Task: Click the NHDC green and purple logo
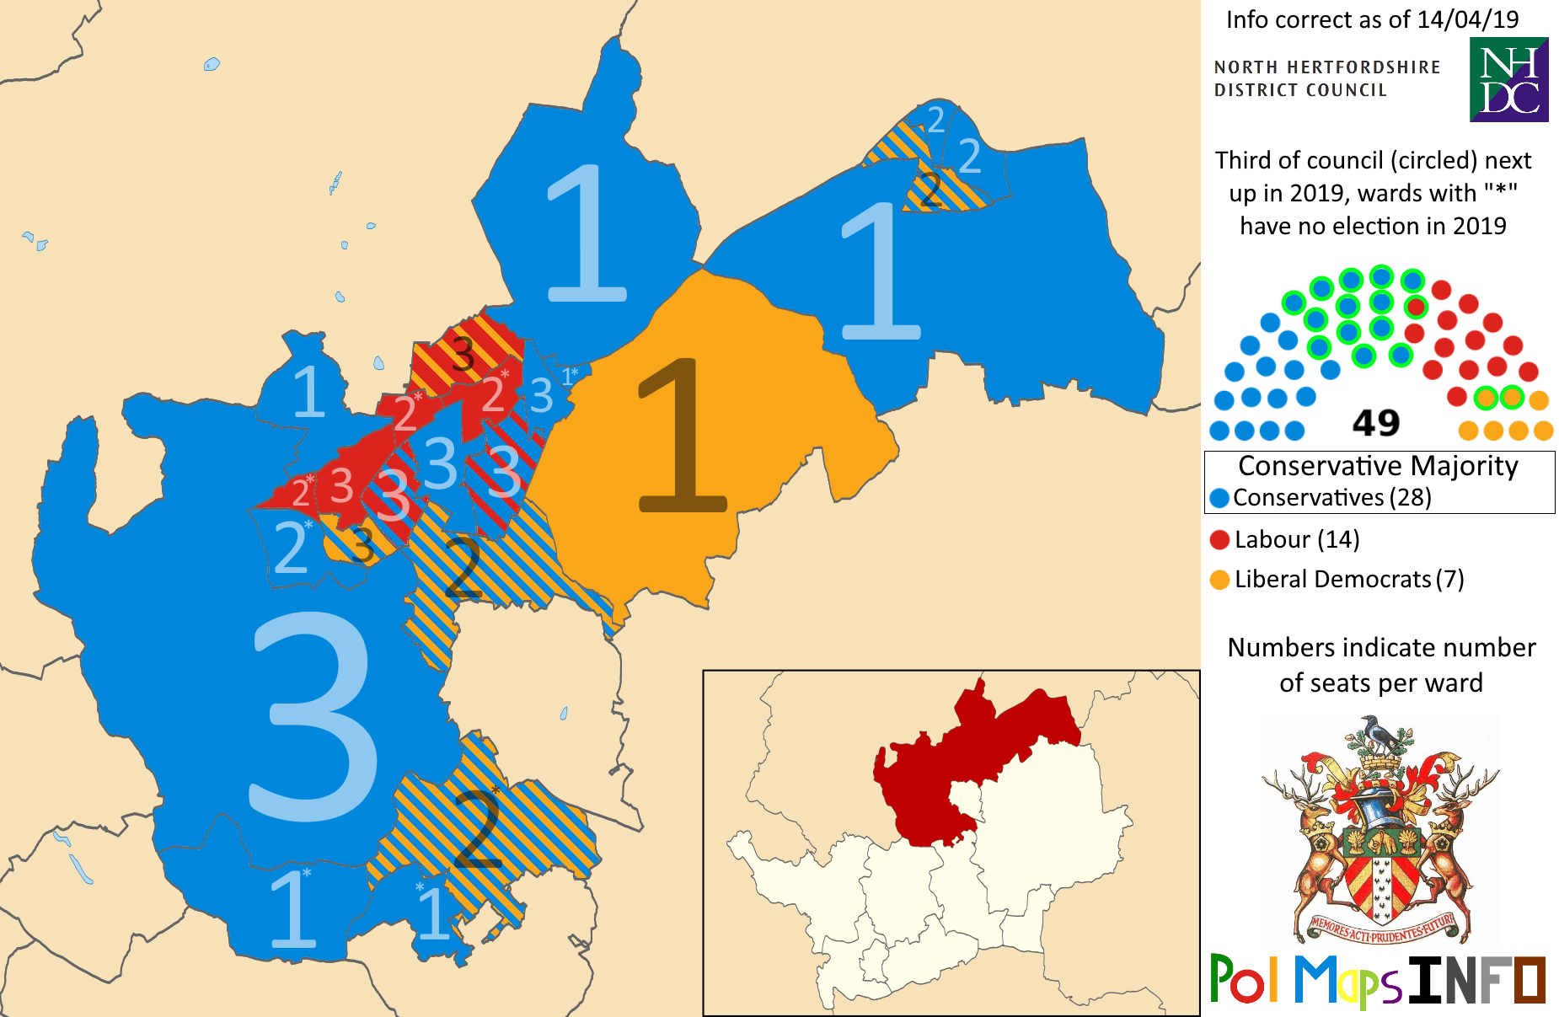click(x=1508, y=80)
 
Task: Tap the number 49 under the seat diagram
click(x=1375, y=423)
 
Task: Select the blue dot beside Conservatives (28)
click(x=1219, y=498)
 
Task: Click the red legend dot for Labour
click(x=1219, y=540)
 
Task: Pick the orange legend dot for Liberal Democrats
click(x=1219, y=580)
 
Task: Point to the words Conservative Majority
click(x=1378, y=466)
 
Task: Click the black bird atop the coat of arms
click(x=1379, y=733)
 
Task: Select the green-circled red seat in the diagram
click(x=1416, y=307)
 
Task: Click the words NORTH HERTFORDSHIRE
click(x=1326, y=67)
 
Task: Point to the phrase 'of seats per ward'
click(x=1380, y=683)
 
